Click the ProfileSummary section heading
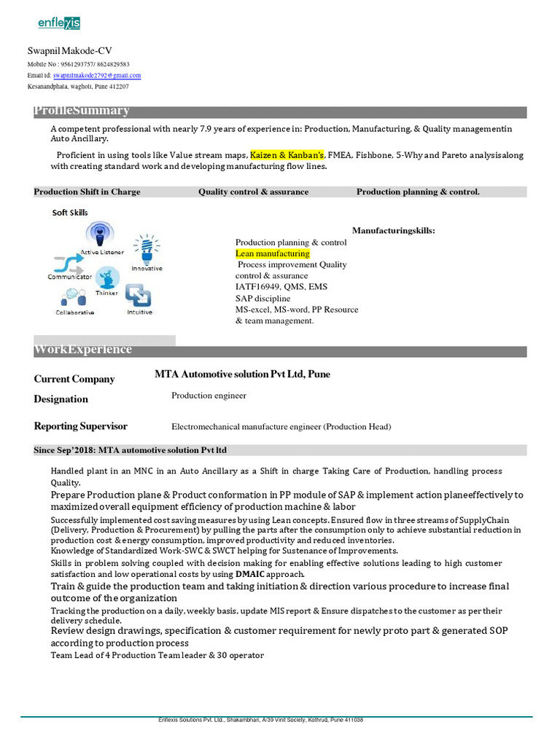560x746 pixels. click(x=82, y=111)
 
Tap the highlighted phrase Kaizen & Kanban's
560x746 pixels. click(x=287, y=155)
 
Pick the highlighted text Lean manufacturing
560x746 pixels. click(x=272, y=254)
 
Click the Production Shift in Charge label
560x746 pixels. click(x=87, y=192)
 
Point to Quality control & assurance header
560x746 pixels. click(x=253, y=192)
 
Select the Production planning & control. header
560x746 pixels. click(x=418, y=192)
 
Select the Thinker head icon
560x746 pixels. click(x=108, y=278)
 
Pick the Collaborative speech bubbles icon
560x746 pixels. click(x=72, y=297)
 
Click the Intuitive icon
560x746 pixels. click(x=138, y=294)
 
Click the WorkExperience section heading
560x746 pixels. click(x=83, y=350)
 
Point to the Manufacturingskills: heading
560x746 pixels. click(x=393, y=230)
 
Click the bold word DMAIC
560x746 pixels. click(x=250, y=574)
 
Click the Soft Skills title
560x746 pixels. click(x=70, y=213)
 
